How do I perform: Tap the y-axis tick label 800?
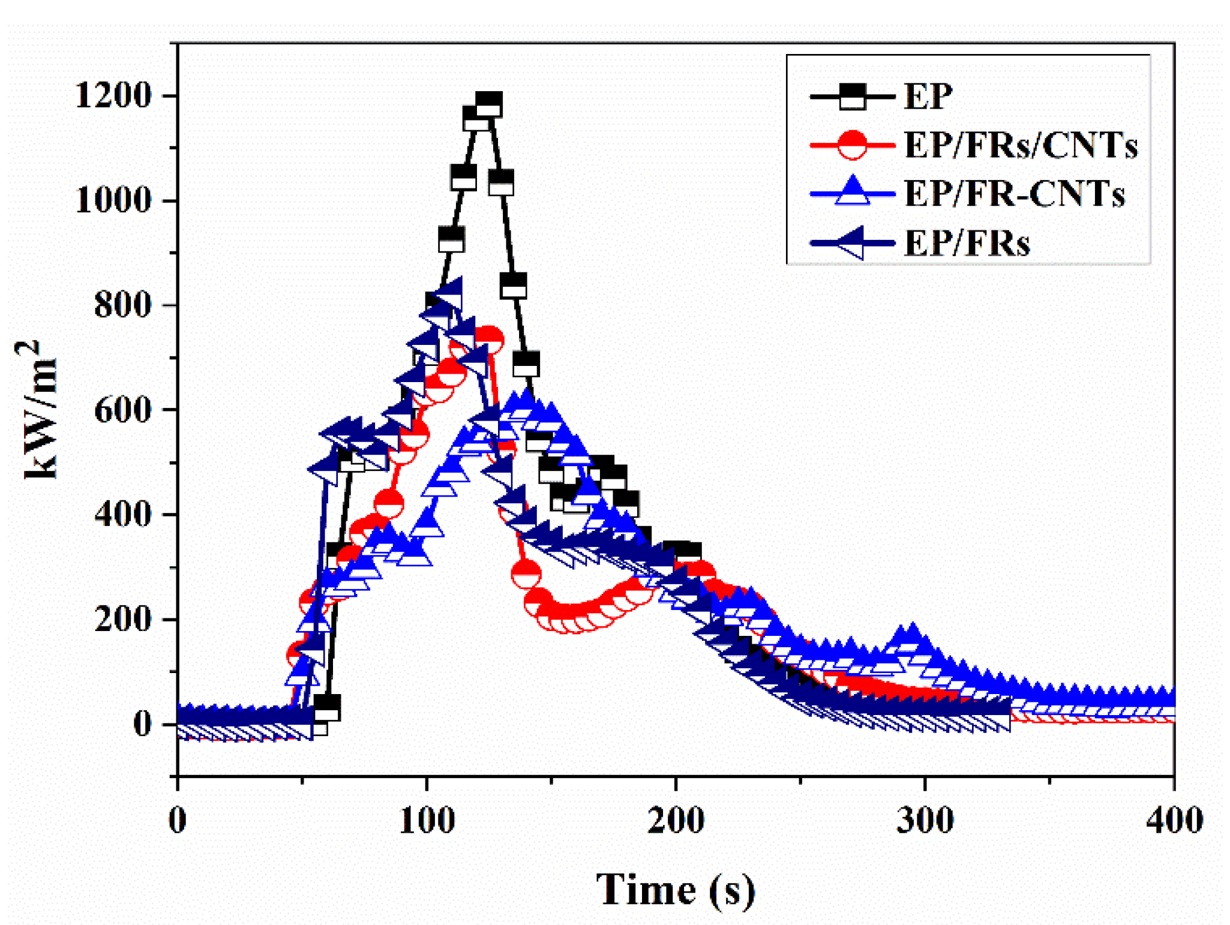(122, 305)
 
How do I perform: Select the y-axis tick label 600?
(122, 410)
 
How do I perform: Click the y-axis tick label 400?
(122, 515)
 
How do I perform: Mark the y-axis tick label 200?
(122, 619)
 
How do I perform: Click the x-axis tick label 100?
(427, 821)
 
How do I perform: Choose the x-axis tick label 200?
(676, 821)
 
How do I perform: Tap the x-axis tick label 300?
(925, 821)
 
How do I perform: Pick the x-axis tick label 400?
(1174, 821)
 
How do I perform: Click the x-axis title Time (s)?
(676, 890)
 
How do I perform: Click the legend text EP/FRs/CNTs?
(1021, 146)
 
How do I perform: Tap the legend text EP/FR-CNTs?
(1014, 194)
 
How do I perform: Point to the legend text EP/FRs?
(967, 244)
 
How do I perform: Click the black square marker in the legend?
(852, 97)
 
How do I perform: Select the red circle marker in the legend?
(852, 146)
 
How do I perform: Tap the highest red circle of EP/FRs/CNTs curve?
(488, 340)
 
